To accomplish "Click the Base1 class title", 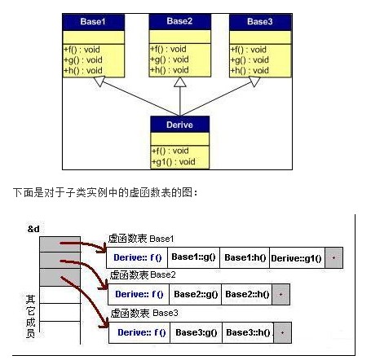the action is click(x=93, y=21).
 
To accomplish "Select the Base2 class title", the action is click(x=179, y=21).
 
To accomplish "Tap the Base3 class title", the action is click(x=259, y=21).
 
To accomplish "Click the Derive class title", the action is click(x=179, y=125).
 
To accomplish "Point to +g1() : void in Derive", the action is click(x=174, y=162).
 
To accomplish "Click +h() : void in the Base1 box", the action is click(x=83, y=71).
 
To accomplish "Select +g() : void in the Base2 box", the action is click(x=170, y=59).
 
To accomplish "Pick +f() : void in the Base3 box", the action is click(x=249, y=50).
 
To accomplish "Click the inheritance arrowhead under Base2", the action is click(x=180, y=82).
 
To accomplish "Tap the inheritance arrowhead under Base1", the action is click(x=99, y=81).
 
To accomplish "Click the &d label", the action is click(x=33, y=229).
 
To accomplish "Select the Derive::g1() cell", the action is click(x=297, y=258).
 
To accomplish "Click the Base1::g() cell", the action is click(x=193, y=257).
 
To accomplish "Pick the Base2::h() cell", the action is click(x=247, y=294).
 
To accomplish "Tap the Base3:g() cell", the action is click(x=196, y=332).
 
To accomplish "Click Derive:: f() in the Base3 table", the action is click(x=139, y=332).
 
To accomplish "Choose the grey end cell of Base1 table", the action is click(x=334, y=257).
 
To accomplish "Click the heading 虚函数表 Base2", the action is click(x=143, y=275).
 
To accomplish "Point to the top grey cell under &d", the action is click(x=60, y=244).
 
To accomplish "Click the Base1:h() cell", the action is click(x=245, y=257).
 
